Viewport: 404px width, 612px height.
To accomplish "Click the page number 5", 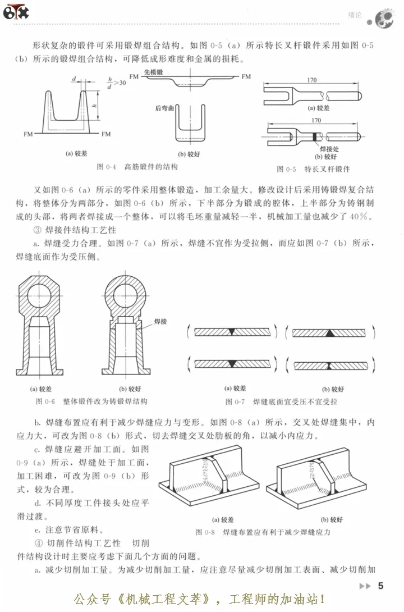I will point(380,586).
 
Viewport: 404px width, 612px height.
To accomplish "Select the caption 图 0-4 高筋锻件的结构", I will point(137,167).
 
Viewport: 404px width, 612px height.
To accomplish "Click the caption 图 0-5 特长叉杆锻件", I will point(313,168).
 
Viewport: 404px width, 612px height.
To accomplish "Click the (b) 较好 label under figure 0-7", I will point(333,388).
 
